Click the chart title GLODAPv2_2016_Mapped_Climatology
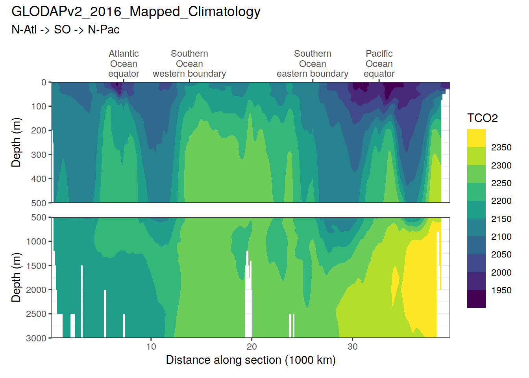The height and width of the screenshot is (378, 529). coord(136,12)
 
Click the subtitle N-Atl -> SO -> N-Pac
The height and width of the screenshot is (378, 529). coord(65,30)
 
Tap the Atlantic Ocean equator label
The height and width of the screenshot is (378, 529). coord(124,64)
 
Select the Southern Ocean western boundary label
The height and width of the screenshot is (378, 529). coord(189,64)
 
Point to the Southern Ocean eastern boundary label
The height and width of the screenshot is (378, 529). coord(313,64)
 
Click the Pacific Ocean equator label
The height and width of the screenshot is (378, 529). coord(379,64)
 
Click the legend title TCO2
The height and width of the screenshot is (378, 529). coord(483,118)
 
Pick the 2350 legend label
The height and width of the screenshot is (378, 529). coord(501,148)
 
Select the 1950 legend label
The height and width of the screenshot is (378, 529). coord(501,291)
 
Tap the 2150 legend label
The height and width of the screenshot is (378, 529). coord(501,219)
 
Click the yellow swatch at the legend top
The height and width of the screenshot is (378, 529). coord(476,138)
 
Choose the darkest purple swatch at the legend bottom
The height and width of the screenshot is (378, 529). coord(476,299)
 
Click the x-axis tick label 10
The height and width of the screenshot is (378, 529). coord(151,346)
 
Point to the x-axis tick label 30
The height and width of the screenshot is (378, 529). coord(352,346)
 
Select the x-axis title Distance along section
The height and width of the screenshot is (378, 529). coord(251,360)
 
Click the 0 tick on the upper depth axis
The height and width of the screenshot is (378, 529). coord(44,82)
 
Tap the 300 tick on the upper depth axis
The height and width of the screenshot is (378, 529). coord(39,155)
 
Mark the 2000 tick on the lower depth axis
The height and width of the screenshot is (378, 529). coord(36,290)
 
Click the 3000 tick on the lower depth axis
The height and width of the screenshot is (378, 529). coord(36,338)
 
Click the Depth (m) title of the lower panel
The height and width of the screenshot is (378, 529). coord(16,278)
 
